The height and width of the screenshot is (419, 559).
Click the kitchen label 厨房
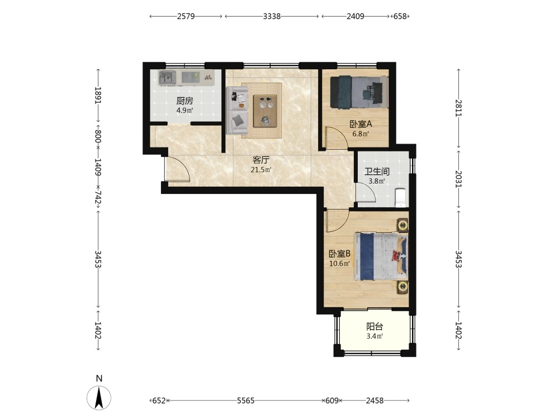(184, 101)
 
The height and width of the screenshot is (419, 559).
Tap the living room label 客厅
(260, 160)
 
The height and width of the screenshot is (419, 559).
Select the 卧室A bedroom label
(361, 125)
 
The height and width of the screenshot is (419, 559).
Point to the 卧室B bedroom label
(339, 254)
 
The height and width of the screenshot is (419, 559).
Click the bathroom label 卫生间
(376, 172)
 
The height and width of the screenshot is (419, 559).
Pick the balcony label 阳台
(375, 327)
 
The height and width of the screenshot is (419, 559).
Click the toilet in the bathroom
(401, 197)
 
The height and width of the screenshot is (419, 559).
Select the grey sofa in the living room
(236, 111)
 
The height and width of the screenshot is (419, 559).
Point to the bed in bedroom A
(359, 92)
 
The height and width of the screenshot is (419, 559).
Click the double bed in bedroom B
(381, 256)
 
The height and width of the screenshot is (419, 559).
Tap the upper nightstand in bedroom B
(403, 225)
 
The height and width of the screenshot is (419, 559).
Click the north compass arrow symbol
(99, 397)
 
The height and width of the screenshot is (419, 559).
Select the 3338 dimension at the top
(272, 16)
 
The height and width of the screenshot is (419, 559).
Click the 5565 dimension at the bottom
(246, 401)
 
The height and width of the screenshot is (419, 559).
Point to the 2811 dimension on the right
(458, 108)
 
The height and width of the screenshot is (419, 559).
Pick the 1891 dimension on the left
(98, 95)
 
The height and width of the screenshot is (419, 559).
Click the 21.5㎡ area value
(261, 170)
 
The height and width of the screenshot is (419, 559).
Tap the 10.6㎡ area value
(339, 264)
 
